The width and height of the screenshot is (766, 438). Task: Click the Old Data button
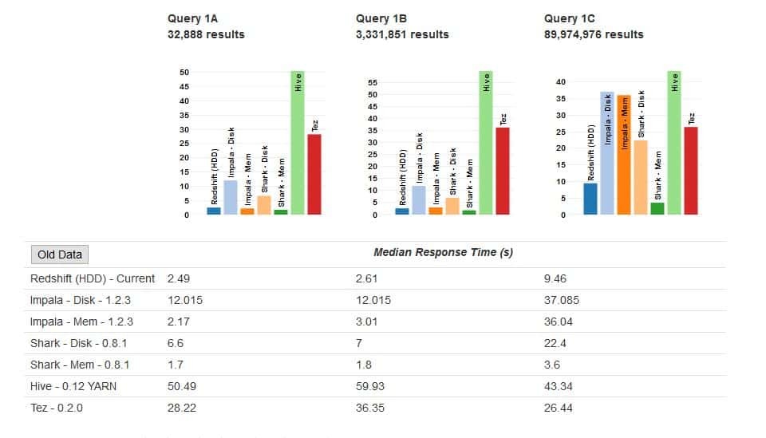point(60,255)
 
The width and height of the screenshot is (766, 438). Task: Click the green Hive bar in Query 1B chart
point(486,144)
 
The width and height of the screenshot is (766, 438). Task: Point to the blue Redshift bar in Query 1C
point(590,199)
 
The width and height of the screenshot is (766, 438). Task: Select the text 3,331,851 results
point(402,34)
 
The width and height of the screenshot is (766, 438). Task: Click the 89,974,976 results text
point(594,34)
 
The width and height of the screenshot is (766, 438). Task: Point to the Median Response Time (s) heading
point(443,252)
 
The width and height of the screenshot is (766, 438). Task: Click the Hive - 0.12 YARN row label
point(73,386)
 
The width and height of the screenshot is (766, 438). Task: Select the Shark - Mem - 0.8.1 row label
point(80,365)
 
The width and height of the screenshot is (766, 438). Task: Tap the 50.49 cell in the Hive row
point(181,386)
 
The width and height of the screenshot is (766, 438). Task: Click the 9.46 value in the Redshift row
point(555,278)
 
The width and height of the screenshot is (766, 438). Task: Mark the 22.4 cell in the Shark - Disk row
point(555,343)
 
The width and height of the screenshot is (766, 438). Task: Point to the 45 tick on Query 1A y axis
point(184,86)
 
